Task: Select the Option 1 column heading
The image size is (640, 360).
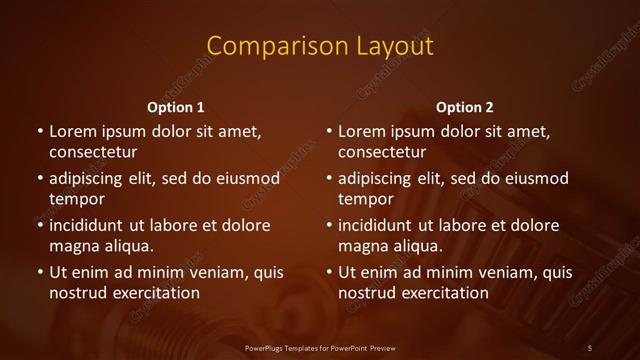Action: coord(176,107)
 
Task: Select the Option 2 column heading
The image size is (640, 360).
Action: coord(465,107)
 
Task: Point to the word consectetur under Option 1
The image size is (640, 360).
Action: coord(93,153)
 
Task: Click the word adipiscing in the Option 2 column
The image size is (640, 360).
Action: coord(384,179)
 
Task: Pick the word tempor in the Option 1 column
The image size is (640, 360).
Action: coord(77,199)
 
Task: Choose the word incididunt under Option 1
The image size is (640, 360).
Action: coord(95,226)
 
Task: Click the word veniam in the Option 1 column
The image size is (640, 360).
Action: coord(208,273)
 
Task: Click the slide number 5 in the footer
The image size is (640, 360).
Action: coord(590,347)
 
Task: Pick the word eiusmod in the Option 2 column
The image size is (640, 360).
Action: coord(536,179)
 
